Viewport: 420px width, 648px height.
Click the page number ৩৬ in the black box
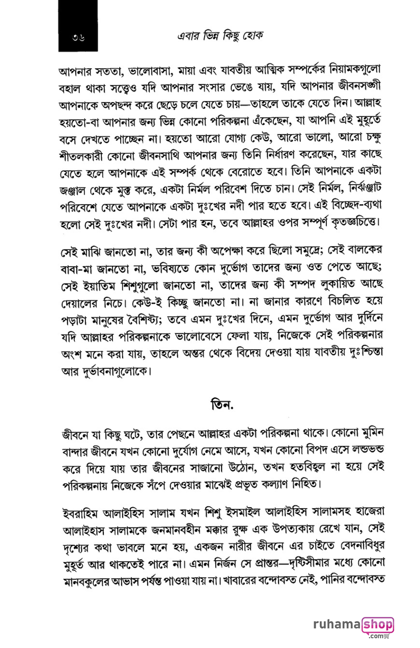tap(78, 37)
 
